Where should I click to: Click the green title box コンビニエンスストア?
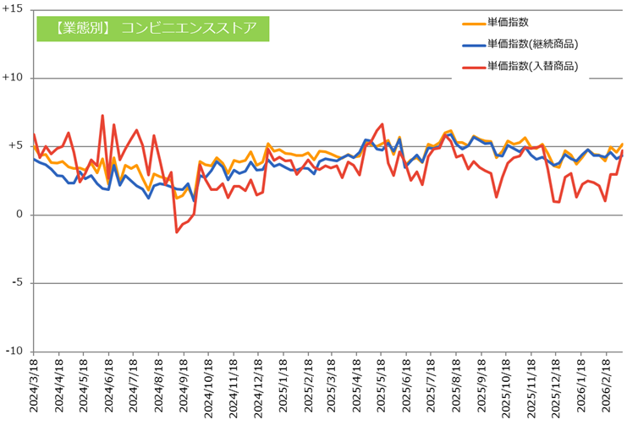[x=152, y=28]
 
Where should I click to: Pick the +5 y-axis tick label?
[x=15, y=146]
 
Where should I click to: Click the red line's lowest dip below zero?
[x=177, y=232]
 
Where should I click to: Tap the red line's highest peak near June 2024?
[x=102, y=116]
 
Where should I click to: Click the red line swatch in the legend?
[x=472, y=66]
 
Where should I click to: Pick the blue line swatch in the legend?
[x=472, y=44]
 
